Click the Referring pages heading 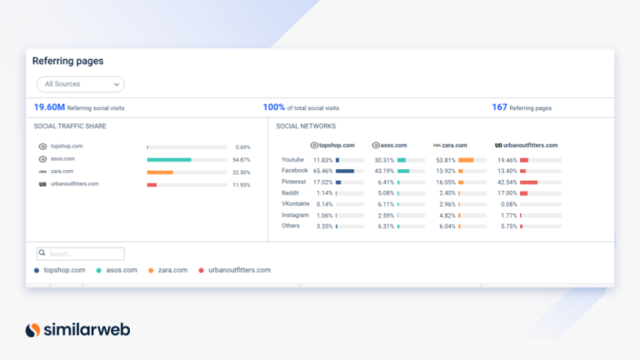click(67, 61)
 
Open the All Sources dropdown click(80, 84)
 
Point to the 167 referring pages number click(499, 107)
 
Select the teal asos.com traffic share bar click(169, 159)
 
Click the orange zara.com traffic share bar click(160, 172)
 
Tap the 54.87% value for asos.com click(242, 159)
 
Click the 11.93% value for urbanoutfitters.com click(242, 184)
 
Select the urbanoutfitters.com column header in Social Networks click(526, 145)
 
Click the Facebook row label click(295, 170)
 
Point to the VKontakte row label click(297, 203)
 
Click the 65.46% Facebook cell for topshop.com click(322, 170)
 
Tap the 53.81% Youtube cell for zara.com click(445, 159)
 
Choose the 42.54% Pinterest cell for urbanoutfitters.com click(507, 182)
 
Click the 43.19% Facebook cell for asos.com click(384, 170)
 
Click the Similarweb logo click(77, 329)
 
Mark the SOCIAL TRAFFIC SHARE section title click(70, 126)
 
